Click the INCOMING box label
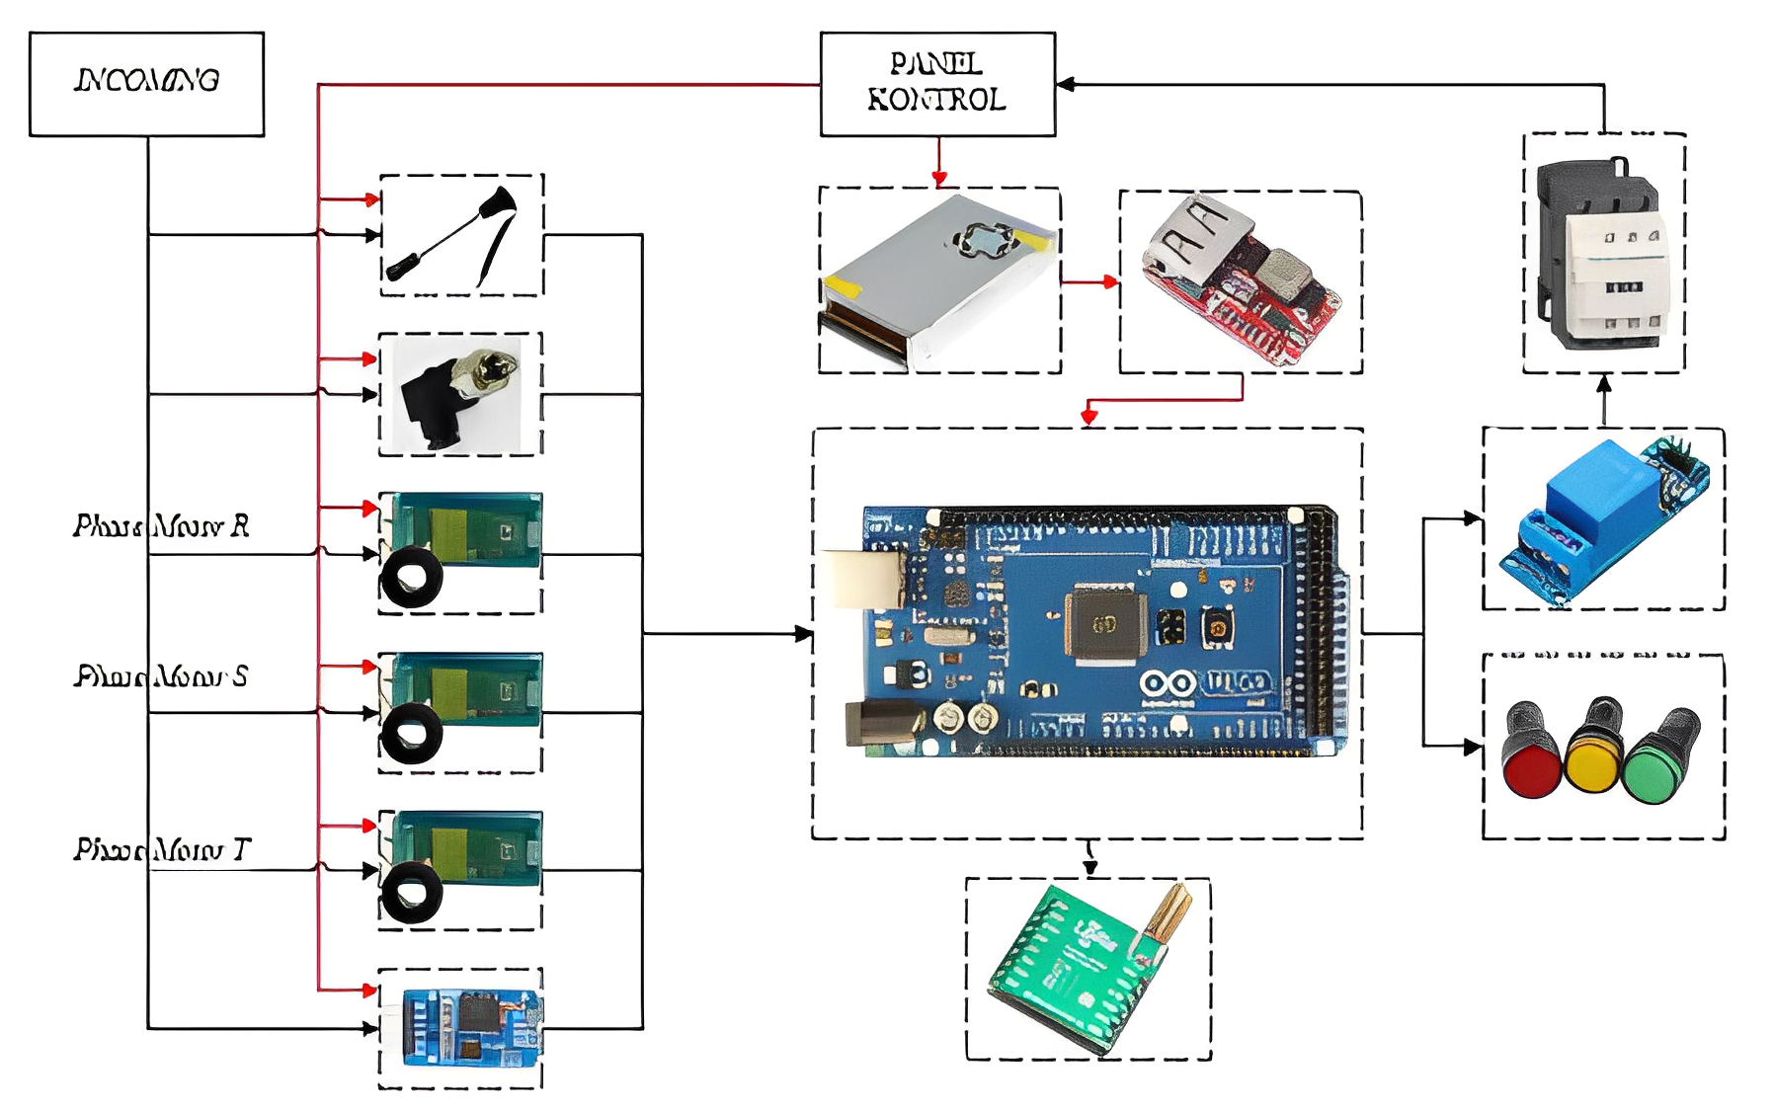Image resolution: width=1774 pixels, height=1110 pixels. tap(146, 81)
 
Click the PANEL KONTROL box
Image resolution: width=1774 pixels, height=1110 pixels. tap(936, 84)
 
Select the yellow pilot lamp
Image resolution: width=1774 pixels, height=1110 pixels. tap(1591, 755)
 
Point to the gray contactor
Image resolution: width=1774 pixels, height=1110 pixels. tap(1602, 255)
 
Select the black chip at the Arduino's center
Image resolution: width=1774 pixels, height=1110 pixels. tap(1104, 624)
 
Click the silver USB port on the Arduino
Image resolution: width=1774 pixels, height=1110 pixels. tap(865, 579)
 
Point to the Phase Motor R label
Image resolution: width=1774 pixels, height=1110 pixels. tap(161, 525)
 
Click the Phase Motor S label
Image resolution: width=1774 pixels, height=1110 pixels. tap(161, 676)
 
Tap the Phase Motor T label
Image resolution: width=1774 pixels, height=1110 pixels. tap(162, 849)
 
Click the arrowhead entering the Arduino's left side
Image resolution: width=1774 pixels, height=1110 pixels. tap(804, 634)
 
